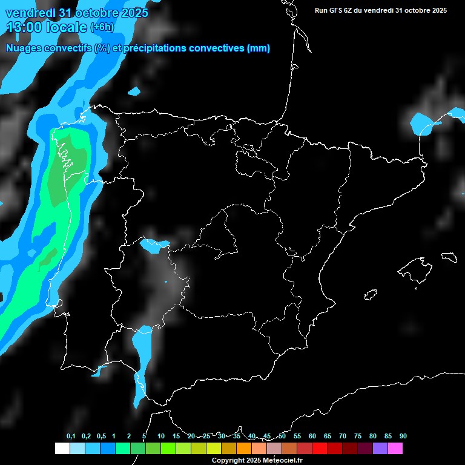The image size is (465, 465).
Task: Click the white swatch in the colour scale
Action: [x=62, y=448]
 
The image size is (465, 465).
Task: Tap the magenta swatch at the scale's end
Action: [x=395, y=448]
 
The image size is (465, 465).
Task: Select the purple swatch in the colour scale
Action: [x=380, y=448]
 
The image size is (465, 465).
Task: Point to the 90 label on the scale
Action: [x=403, y=437]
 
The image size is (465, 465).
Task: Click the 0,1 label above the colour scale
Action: [x=71, y=437]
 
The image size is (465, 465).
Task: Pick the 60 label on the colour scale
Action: [x=312, y=437]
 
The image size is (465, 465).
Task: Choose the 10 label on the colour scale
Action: [x=161, y=437]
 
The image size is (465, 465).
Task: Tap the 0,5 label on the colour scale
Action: [x=101, y=437]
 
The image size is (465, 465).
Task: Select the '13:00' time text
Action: [x=24, y=27]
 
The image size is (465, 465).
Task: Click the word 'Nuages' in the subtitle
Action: [x=25, y=48]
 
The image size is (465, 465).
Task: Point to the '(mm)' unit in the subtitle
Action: [x=259, y=48]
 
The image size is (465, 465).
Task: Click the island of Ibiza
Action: [x=371, y=295]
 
